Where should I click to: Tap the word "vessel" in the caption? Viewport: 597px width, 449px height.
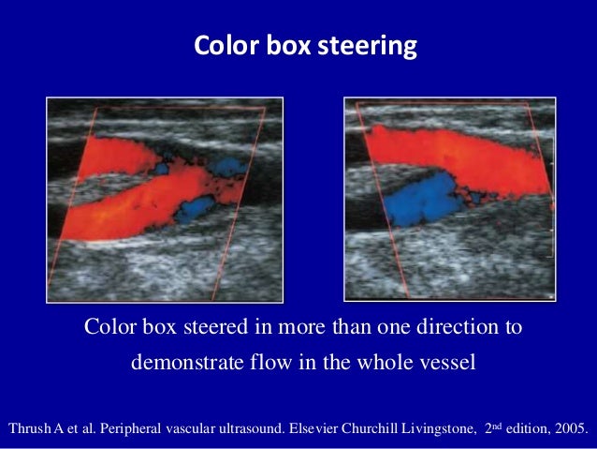pos(447,361)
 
